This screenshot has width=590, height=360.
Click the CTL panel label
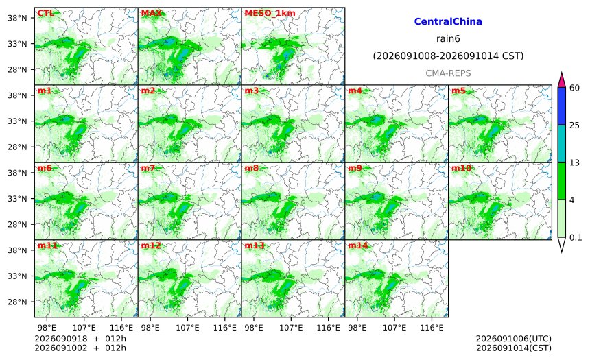click(45, 13)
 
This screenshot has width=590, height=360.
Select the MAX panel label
click(151, 13)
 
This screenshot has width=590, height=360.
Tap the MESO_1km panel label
click(270, 13)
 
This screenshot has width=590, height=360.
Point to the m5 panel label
click(458, 91)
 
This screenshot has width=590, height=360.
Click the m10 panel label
click(461, 168)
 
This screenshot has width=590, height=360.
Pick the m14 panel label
click(357, 245)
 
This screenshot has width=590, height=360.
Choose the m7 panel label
click(148, 168)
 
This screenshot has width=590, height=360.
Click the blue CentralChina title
click(448, 21)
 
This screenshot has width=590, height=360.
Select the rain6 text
click(448, 39)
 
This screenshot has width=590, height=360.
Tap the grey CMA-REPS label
click(448, 73)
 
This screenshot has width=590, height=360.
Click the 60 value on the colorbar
click(574, 88)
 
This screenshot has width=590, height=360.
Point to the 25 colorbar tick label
click(574, 125)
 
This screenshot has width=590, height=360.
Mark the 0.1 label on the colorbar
click(576, 237)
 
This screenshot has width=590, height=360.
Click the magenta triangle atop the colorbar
click(561, 80)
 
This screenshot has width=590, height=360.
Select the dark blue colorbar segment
click(561, 106)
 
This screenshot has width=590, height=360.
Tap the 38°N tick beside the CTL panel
click(17, 18)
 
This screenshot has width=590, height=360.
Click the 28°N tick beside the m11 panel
click(17, 302)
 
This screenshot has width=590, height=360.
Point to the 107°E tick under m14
click(394, 328)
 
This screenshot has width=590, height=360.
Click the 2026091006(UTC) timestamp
click(514, 339)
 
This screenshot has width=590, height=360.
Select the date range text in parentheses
click(448, 56)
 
